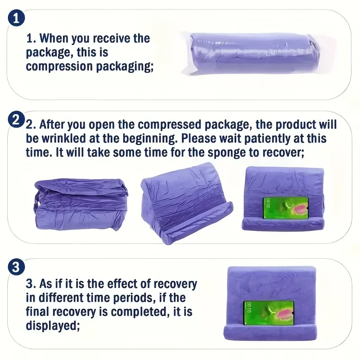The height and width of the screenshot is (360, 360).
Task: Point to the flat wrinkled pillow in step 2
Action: pos(81,202)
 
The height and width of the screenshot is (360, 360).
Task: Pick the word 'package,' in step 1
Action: pos(49,53)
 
